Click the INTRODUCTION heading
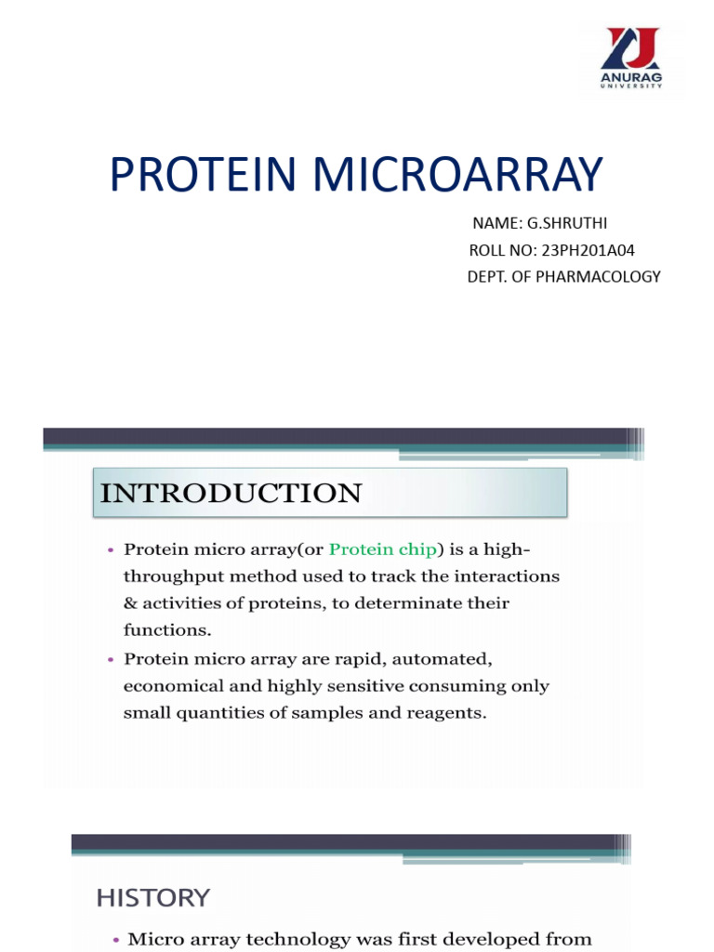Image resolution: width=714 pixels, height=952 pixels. coord(231,493)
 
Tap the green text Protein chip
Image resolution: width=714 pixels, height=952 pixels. coord(382,549)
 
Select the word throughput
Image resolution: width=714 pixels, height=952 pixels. coord(172,576)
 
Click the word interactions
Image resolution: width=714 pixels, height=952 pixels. coord(506,576)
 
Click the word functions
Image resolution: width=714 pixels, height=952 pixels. coord(165,630)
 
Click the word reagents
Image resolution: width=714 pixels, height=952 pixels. coord(437,713)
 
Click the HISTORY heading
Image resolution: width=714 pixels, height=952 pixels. coord(153,897)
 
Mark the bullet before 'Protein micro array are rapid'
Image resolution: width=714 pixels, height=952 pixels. coord(112,659)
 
